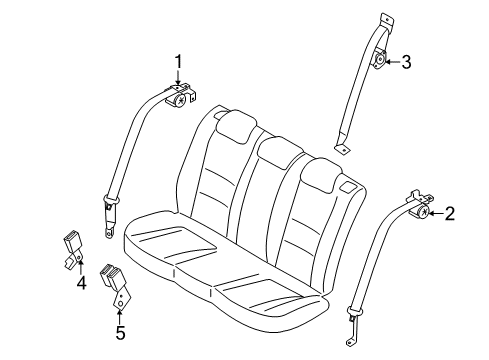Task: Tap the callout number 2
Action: pos(450,212)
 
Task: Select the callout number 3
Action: pos(405,62)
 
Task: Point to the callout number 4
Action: pos(82,283)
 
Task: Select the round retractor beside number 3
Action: pos(381,62)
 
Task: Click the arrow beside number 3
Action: pos(393,62)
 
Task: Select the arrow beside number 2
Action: pos(436,212)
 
